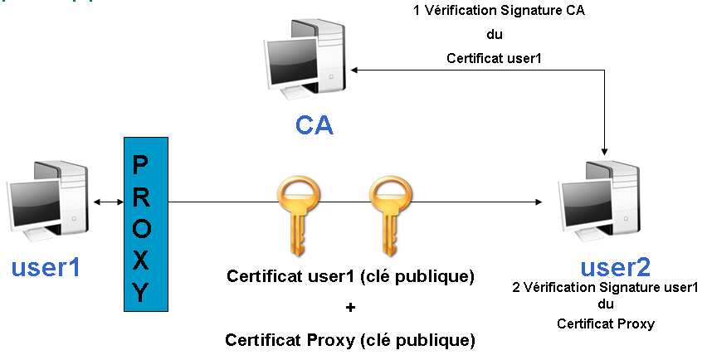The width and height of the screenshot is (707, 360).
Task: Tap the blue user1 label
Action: point(47,268)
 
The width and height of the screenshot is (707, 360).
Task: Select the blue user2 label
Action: point(615,267)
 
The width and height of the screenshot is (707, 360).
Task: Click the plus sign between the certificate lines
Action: point(350,308)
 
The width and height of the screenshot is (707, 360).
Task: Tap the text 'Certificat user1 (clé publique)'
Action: point(350,276)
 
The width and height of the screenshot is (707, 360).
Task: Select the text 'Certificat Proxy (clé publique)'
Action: point(350,339)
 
